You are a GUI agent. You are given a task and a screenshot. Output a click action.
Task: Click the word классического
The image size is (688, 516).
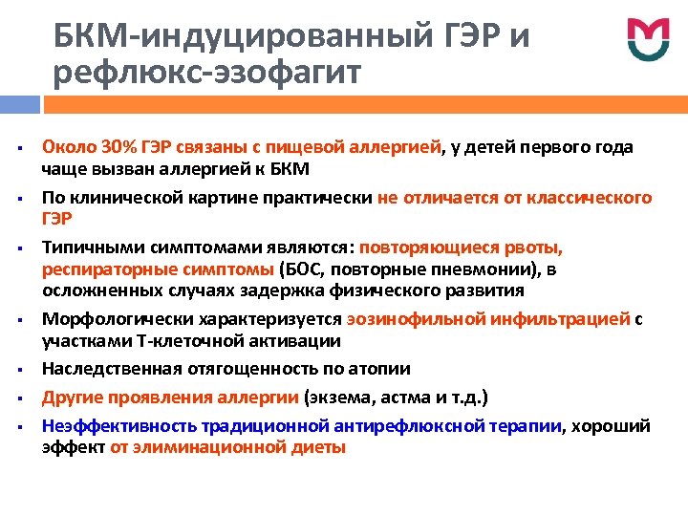593,198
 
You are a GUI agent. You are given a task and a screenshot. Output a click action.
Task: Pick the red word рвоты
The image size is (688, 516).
533,247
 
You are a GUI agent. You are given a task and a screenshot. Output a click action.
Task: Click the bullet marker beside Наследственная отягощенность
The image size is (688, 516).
19,370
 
